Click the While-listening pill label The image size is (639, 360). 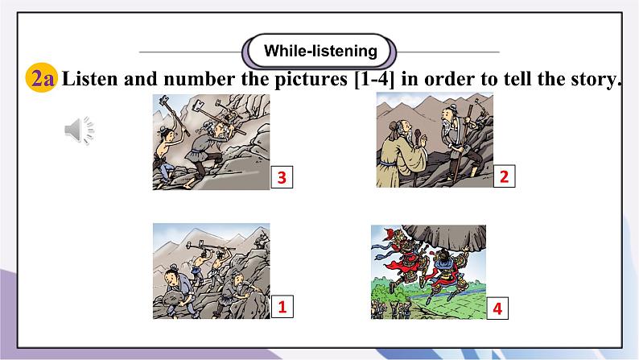coord(320,52)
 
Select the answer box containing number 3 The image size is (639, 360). coord(282,177)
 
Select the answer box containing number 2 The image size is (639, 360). coord(504,177)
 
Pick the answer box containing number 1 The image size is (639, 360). coord(282,307)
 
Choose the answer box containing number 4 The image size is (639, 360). coord(497,308)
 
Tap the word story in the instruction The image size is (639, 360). coord(594,79)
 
